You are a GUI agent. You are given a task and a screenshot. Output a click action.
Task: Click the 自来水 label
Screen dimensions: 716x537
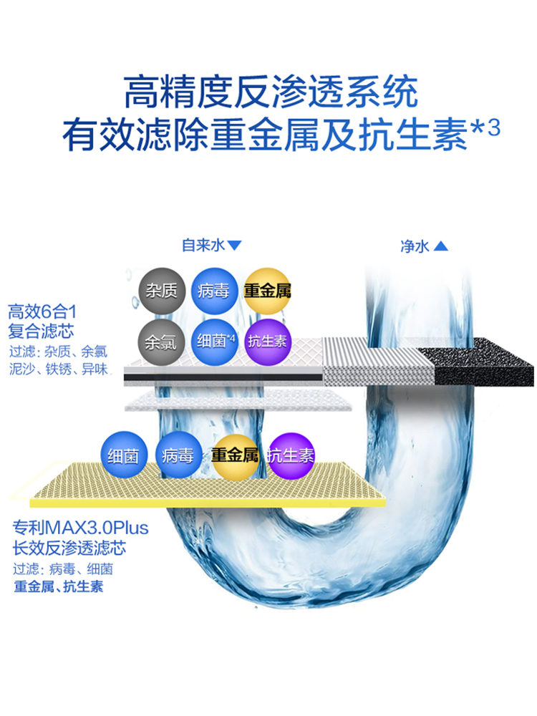203,246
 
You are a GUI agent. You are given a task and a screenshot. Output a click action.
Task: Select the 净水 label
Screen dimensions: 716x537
415,246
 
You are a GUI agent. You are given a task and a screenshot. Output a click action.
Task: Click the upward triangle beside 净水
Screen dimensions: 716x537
441,246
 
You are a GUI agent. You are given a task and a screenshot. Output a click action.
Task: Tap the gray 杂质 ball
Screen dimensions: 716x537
162,291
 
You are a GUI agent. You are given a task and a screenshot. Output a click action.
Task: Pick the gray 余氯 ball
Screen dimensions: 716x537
160,342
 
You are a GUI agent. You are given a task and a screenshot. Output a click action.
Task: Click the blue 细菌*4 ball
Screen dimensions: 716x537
216,341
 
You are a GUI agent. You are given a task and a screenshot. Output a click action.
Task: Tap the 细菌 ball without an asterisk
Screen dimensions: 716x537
124,456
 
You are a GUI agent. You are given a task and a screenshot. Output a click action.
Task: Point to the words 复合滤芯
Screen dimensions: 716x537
41,332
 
